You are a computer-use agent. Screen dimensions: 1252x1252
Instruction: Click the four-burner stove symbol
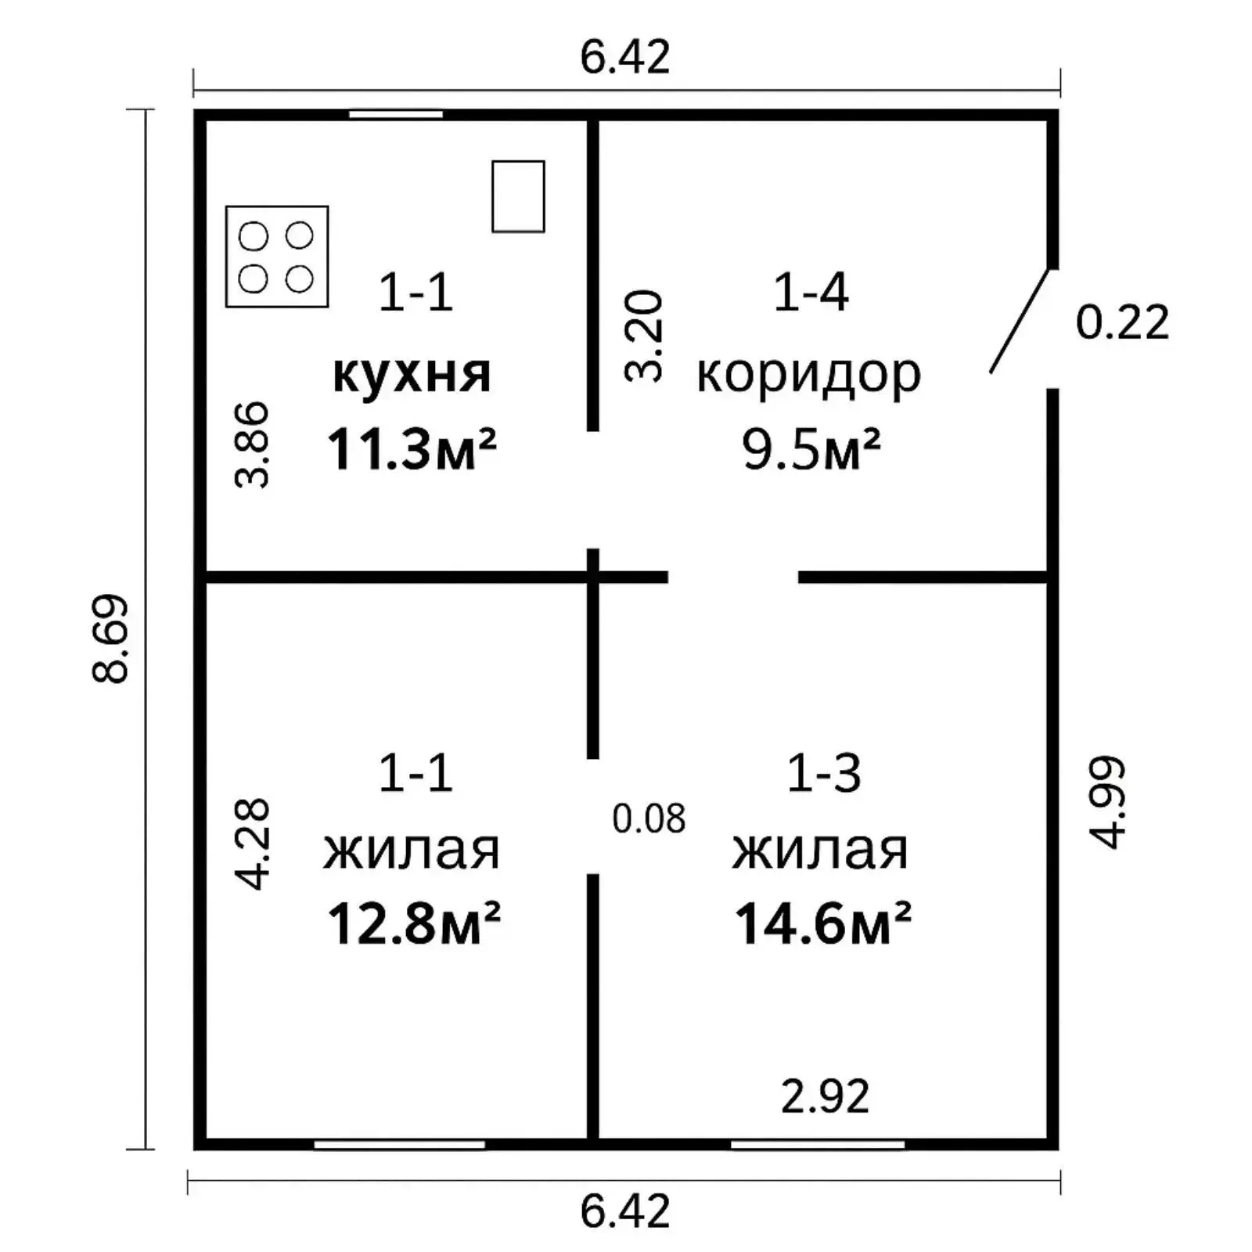click(x=277, y=257)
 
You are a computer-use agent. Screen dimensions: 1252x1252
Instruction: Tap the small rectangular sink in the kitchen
click(x=518, y=196)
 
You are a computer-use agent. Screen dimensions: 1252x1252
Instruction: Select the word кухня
click(x=412, y=374)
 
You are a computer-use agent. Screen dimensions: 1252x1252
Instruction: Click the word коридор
click(x=809, y=376)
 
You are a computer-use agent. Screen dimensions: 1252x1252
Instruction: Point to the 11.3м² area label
click(x=412, y=449)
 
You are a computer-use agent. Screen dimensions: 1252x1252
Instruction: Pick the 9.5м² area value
click(x=811, y=449)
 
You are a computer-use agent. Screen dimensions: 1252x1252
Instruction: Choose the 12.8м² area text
click(x=413, y=923)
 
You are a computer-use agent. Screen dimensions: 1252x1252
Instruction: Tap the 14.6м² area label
click(x=822, y=923)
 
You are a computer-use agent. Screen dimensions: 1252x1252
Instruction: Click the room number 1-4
click(x=811, y=293)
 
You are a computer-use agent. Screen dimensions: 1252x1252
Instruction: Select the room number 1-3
click(x=823, y=773)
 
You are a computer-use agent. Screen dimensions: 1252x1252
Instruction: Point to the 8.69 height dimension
click(x=110, y=639)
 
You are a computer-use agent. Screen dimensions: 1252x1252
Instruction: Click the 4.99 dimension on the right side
click(x=1107, y=802)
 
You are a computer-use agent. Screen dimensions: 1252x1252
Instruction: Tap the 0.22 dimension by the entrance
click(x=1122, y=322)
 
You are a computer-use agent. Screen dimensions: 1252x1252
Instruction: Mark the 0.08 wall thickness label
click(x=649, y=818)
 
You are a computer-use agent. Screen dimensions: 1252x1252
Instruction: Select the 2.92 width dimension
click(x=826, y=1096)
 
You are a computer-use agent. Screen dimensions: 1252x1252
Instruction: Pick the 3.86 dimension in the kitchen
click(x=252, y=444)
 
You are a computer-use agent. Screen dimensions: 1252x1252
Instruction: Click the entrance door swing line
click(x=1020, y=321)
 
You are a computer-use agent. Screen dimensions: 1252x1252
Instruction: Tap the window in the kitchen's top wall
click(x=396, y=114)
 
